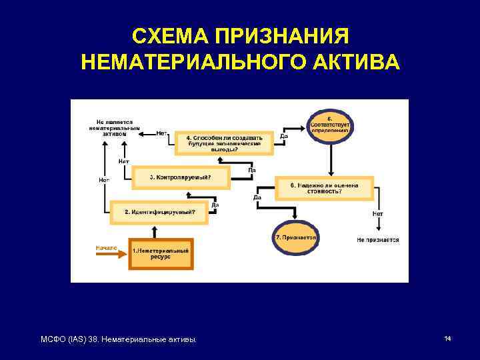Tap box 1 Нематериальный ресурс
pos(161,253)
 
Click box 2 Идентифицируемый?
pos(159,212)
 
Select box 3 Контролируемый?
pos(180,177)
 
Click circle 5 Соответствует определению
pos(331,123)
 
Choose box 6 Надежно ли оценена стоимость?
pos(324,188)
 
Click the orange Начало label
pos(106,247)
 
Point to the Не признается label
pos(377,239)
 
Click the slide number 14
pos(448,339)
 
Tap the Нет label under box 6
pos(378,213)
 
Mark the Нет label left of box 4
pos(161,133)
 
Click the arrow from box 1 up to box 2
pos(155,229)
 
